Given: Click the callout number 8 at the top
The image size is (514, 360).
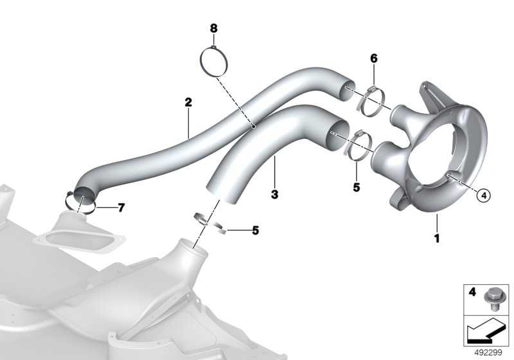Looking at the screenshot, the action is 213,28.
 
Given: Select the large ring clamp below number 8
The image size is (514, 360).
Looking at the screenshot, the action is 200,62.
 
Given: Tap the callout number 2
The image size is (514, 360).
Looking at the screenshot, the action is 188,103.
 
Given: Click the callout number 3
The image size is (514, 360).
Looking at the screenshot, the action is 275,194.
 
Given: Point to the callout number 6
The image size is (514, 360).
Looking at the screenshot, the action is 374,59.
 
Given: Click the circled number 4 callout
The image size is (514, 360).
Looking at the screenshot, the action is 484,195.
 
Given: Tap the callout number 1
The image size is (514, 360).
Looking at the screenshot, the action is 436,238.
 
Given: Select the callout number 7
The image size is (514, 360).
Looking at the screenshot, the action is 121,208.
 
